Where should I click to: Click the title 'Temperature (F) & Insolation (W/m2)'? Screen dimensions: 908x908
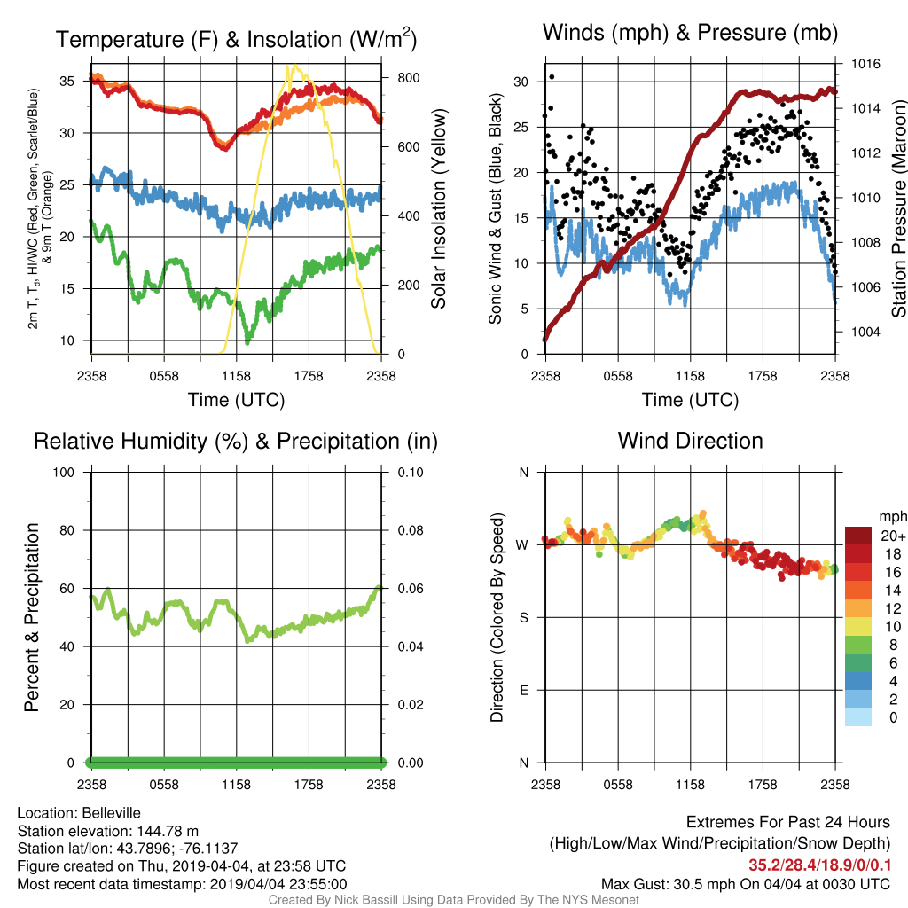click(236, 39)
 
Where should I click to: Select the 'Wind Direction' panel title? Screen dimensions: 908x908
click(690, 441)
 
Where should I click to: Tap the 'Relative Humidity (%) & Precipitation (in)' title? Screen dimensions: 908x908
click(236, 442)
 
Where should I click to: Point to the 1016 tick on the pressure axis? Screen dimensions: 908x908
click(865, 64)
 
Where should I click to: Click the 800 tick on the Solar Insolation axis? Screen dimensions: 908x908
click(408, 78)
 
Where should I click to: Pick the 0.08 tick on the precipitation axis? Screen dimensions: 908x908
click(411, 530)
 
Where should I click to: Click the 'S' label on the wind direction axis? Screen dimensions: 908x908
click(523, 618)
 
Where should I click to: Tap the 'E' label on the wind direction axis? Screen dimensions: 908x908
click(523, 690)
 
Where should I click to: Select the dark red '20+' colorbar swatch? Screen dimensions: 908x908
click(858, 536)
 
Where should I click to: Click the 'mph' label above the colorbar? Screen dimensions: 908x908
click(893, 517)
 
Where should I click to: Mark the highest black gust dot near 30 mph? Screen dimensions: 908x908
click(552, 77)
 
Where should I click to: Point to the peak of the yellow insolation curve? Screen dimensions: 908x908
click(294, 66)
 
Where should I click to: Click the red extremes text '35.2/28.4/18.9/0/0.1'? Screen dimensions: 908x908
click(819, 865)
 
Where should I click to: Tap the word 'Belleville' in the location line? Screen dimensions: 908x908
click(111, 813)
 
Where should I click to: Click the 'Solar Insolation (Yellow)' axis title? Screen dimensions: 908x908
click(439, 208)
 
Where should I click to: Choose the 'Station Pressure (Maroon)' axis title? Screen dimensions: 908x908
click(898, 208)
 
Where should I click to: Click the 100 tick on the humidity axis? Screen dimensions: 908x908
click(64, 472)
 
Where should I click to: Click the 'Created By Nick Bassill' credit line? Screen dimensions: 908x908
click(453, 900)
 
